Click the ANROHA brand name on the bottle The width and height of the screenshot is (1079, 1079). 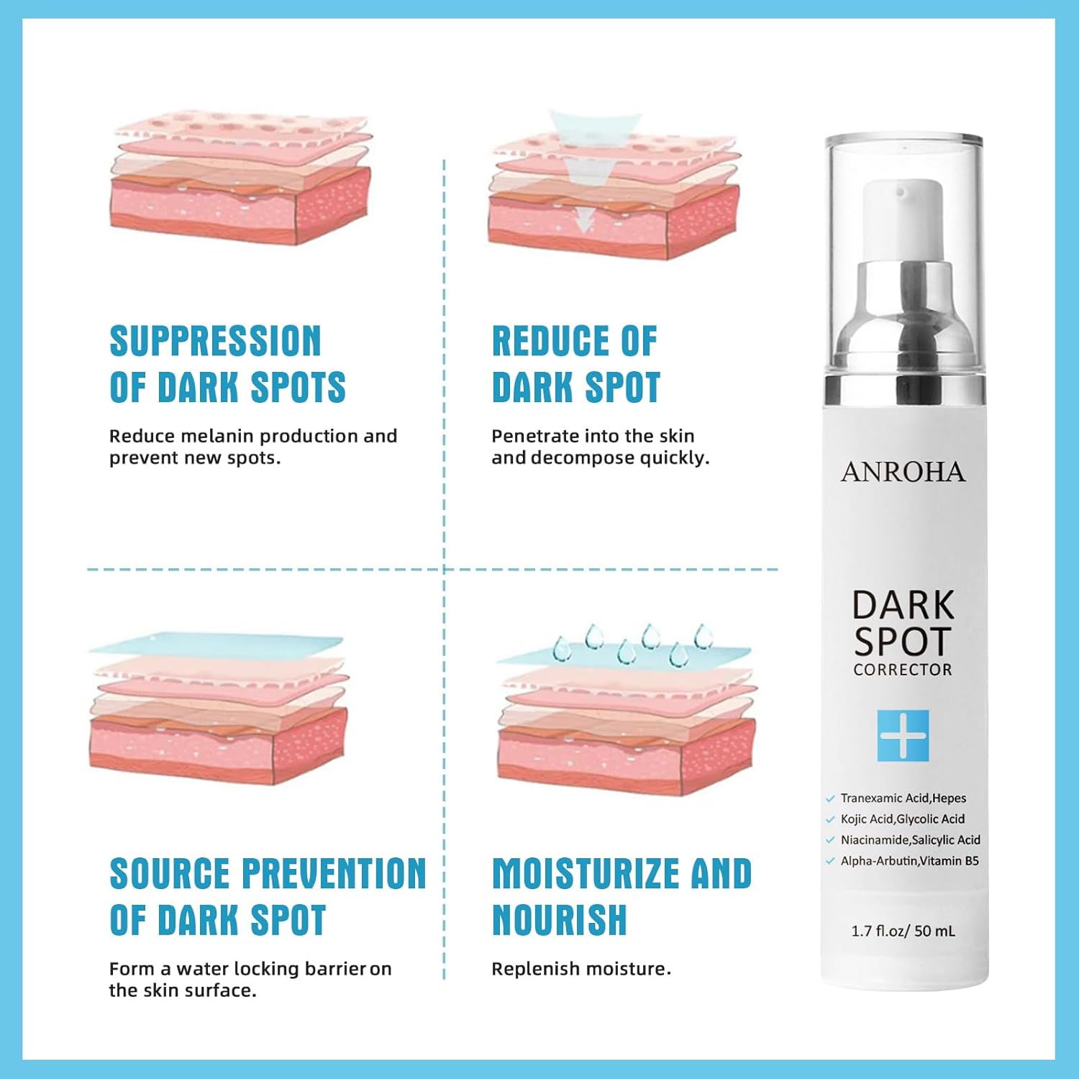[x=903, y=473]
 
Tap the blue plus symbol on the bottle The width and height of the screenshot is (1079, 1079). [x=903, y=736]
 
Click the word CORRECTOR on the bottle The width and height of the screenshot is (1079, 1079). [x=903, y=670]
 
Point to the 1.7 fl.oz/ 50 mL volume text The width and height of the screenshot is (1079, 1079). [x=903, y=931]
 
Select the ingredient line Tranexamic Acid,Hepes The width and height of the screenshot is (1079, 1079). [x=903, y=798]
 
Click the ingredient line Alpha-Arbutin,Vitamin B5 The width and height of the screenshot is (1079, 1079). [x=910, y=861]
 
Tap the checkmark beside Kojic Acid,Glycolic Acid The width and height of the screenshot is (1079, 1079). [x=830, y=820]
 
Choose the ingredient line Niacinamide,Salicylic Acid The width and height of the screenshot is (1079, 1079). [x=911, y=840]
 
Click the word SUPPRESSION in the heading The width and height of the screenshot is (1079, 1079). [x=215, y=341]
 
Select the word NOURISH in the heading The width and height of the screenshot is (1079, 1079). [x=560, y=920]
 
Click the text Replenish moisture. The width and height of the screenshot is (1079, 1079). [x=581, y=969]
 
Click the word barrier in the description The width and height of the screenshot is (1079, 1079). [x=336, y=969]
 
